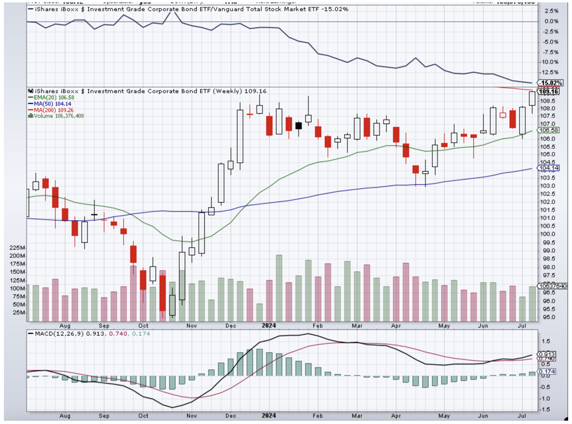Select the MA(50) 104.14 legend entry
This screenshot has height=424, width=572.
coord(50,104)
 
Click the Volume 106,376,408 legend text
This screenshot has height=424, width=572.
coord(57,115)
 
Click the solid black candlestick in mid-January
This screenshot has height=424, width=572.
coord(299,126)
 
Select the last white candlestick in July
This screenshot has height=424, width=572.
coord(532,98)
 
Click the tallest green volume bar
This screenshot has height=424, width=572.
coord(279,288)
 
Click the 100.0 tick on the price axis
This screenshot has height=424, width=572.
coord(546,234)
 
